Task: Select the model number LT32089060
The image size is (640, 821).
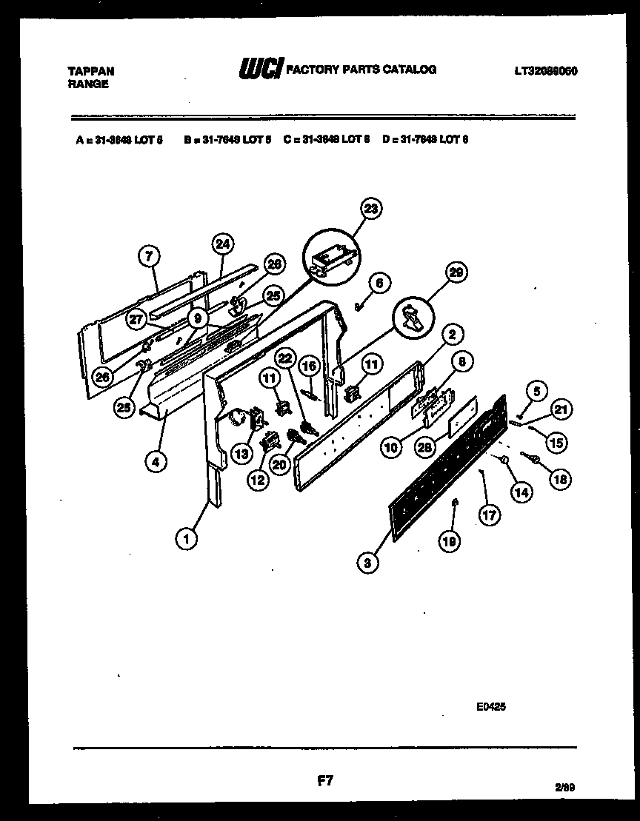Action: pos(546,71)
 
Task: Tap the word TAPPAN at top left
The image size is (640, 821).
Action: pos(91,71)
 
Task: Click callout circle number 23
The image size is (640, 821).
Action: pos(371,210)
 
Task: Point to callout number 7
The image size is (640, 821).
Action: pos(149,256)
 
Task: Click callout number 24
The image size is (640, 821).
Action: pos(221,243)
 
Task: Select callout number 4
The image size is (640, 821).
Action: pos(155,462)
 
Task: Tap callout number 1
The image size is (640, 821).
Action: pos(187,540)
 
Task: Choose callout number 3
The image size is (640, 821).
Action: pos(367,563)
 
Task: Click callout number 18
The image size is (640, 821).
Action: pos(561,479)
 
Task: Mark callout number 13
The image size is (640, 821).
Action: pos(240,453)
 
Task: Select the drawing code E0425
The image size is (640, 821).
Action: pos(491,707)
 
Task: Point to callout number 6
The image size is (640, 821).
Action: pos(378,282)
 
